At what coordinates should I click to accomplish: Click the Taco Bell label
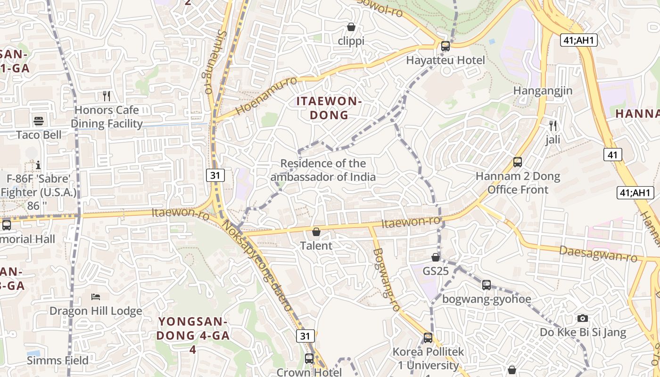39,135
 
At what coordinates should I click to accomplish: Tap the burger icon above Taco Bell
39,121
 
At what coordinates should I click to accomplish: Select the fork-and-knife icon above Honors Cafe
107,96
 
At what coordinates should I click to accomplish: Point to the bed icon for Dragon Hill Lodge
96,297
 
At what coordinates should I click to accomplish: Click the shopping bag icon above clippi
351,27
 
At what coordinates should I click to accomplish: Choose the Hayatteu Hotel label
445,60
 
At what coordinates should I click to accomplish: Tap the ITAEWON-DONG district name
329,108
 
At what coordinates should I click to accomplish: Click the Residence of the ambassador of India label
323,170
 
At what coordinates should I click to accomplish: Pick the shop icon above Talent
316,232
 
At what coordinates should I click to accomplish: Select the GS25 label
436,271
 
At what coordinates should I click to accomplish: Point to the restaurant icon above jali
553,126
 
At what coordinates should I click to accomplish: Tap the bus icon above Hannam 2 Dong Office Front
518,163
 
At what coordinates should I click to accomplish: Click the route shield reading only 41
612,154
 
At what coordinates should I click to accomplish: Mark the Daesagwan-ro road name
598,254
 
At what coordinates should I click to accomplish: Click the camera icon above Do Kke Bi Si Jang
583,318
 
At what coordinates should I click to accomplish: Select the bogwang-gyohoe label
487,299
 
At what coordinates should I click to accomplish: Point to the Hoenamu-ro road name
266,96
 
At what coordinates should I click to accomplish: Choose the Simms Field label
58,361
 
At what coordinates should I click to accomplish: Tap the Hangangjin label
543,91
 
